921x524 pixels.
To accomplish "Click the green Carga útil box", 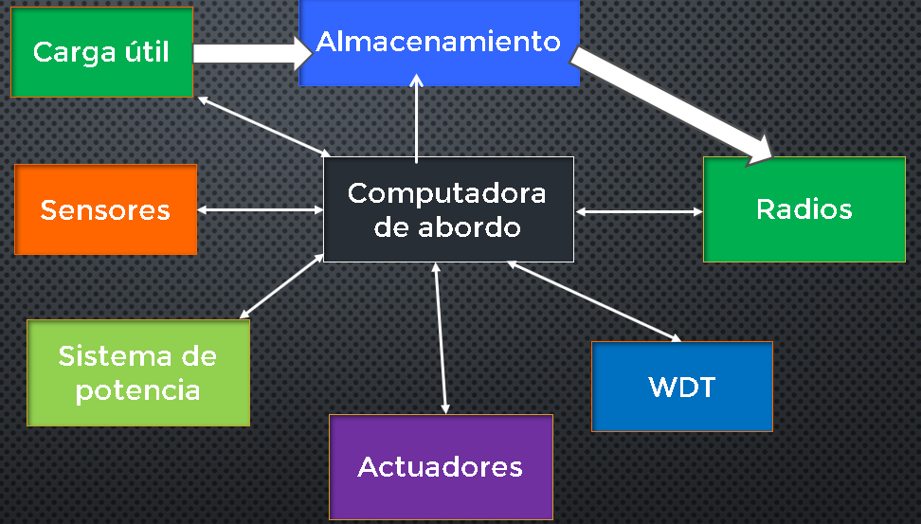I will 101,51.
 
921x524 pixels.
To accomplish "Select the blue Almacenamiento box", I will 439,43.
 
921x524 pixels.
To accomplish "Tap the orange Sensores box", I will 105,209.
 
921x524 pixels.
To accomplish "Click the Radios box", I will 804,208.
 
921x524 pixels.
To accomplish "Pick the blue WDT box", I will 681,387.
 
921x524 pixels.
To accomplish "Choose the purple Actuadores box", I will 441,466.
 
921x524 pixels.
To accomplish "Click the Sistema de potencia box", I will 137,372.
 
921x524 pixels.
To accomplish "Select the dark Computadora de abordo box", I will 448,208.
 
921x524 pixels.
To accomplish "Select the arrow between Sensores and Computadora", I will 260,209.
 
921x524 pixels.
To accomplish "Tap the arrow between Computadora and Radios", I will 639,212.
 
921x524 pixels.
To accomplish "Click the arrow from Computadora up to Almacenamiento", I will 416,118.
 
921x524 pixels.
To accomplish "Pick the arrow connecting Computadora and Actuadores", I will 441,336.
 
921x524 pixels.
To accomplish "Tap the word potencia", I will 137,389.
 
